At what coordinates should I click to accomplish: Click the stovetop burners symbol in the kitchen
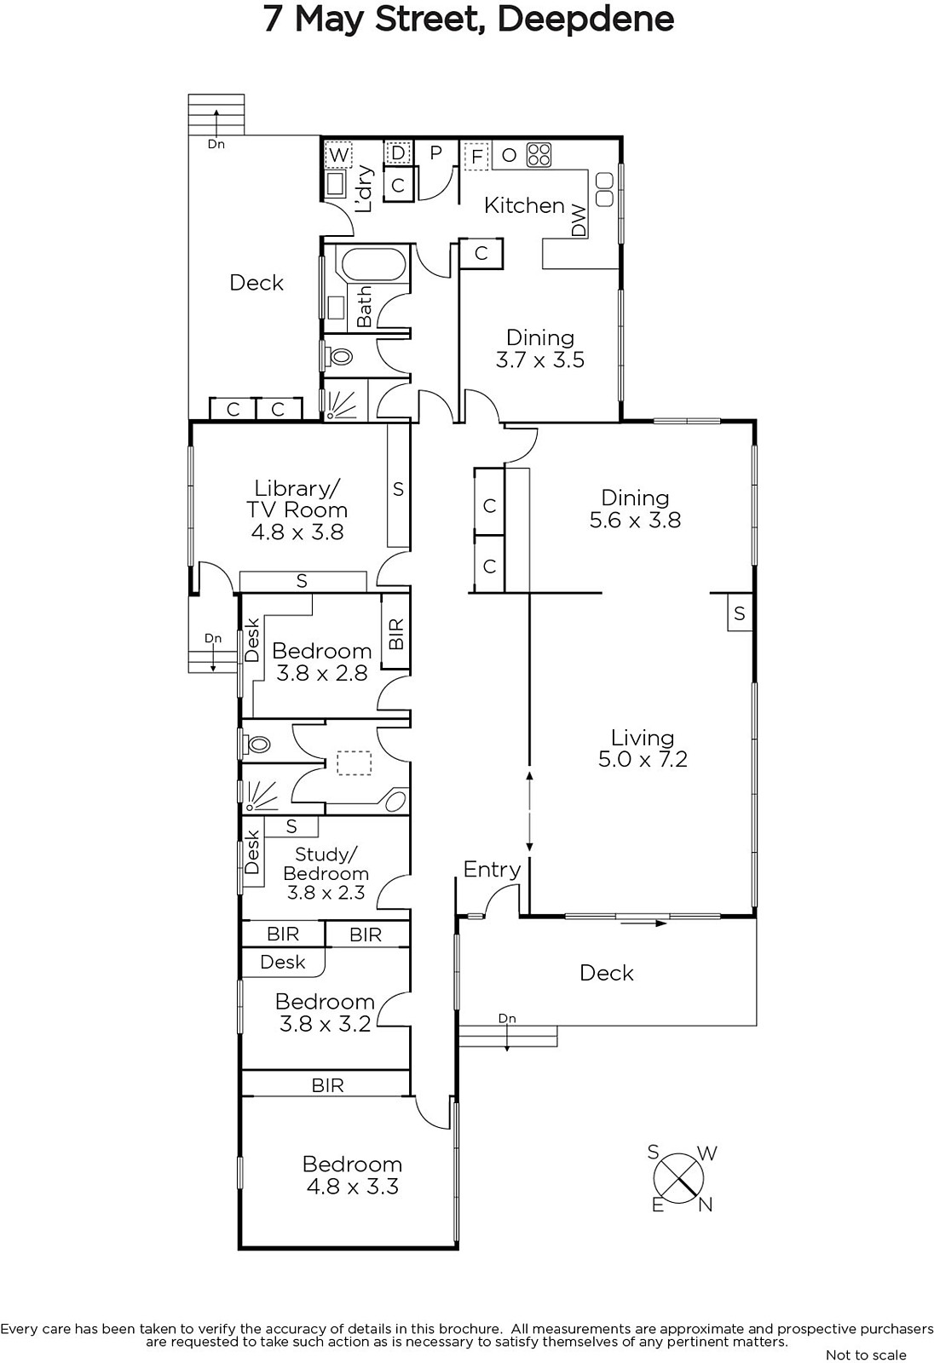(539, 154)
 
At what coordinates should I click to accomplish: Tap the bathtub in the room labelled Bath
(373, 263)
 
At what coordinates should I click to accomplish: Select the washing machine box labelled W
(338, 154)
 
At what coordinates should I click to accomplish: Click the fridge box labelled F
(477, 157)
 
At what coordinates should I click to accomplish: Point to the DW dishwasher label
(579, 221)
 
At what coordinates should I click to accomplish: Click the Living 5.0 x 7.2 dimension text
(643, 759)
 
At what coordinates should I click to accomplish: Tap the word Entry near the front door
(492, 870)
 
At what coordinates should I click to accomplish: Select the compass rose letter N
(705, 1205)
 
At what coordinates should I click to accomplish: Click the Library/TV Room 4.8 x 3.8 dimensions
(297, 532)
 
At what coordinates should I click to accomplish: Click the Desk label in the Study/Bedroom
(251, 852)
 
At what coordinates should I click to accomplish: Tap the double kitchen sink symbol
(604, 189)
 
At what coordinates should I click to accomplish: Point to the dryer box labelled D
(398, 152)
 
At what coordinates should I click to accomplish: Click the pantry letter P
(435, 152)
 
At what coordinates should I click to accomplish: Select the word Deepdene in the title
(585, 20)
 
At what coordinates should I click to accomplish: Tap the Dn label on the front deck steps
(506, 1019)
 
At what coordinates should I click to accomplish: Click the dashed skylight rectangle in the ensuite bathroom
(355, 763)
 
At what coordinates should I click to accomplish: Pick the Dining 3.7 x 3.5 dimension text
(540, 359)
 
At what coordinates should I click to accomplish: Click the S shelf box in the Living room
(740, 612)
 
